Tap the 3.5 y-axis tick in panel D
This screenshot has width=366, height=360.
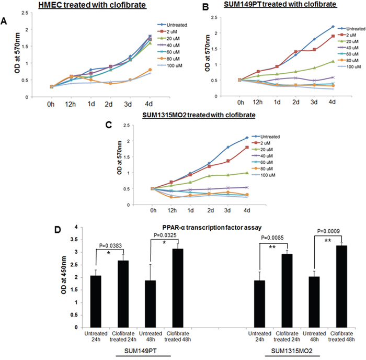coord(77,240)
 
